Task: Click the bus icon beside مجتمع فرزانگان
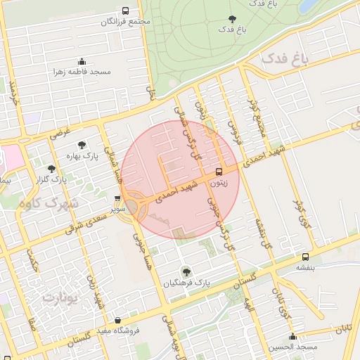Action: pos(125,11)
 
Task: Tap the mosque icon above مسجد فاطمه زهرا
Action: pos(82,61)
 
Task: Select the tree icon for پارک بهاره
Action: pos(82,144)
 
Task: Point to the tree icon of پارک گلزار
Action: pos(51,169)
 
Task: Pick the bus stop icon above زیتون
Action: pos(219,172)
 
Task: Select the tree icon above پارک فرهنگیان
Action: pos(186,271)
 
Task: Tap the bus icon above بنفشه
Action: pos(305,257)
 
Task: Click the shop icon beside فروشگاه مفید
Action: pos(117,319)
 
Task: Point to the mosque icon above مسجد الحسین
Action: pos(292,336)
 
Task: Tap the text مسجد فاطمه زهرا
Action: pos(82,72)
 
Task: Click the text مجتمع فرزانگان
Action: pos(127,22)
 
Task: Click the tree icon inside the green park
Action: pos(232,18)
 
